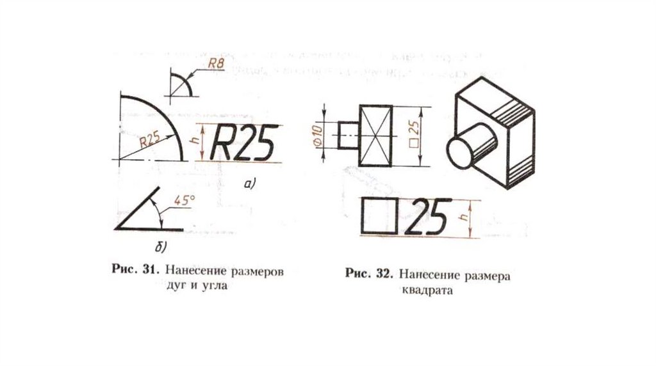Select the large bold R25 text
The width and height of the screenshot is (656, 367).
pos(246,141)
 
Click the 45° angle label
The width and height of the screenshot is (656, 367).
pos(184,200)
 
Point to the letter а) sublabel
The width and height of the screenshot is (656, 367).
pos(249,185)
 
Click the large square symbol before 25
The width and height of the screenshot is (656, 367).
pos(381,217)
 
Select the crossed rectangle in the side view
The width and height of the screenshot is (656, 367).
pos(375,134)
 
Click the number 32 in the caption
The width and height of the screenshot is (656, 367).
pos(383,274)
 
